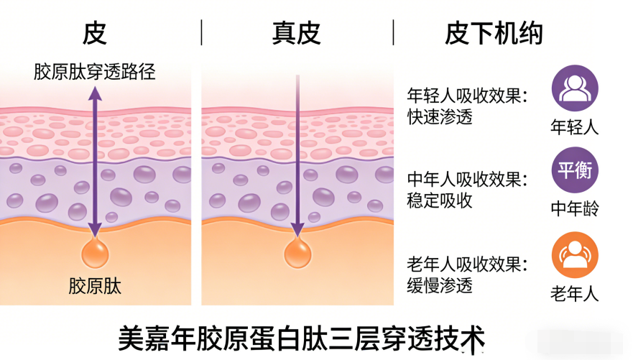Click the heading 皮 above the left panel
[94, 33]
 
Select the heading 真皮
[296, 33]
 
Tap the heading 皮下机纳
[494, 33]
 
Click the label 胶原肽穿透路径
[95, 72]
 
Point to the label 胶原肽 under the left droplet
[95, 287]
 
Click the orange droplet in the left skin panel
[95, 254]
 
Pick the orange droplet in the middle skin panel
[296, 254]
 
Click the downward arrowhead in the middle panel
[296, 230]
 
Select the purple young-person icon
[575, 89]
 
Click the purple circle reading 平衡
[575, 170]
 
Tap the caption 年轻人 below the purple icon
[575, 128]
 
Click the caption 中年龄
[575, 208]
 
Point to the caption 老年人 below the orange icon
[575, 293]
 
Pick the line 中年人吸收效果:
[467, 179]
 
